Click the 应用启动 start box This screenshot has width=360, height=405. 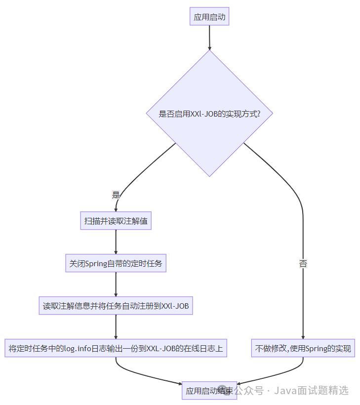210,17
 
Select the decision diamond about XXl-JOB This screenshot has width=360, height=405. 210,114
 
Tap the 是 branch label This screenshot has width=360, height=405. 116,195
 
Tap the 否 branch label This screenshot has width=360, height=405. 303,264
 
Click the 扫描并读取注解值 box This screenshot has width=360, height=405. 116,221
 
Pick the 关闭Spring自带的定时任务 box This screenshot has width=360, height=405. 116,264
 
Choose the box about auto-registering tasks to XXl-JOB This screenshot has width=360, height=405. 116,306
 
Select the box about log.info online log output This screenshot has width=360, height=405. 116,348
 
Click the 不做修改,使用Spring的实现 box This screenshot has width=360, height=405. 303,348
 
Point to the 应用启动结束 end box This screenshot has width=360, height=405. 209,391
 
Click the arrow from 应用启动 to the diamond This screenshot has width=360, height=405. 210,37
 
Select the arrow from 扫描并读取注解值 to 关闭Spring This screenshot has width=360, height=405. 116,242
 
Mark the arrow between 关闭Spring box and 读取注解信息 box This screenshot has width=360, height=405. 116,284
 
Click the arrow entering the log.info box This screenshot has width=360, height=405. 116,327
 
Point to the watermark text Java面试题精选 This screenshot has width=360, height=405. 312,391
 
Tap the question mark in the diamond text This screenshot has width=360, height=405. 258,114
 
